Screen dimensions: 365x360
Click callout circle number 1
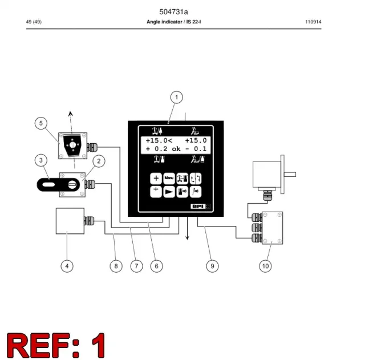176,97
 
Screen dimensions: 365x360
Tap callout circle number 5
41,123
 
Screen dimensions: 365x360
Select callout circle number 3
41,160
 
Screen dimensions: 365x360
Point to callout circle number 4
67,266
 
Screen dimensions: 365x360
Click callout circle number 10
265,266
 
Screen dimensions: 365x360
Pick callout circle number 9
212,266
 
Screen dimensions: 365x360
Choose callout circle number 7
136,266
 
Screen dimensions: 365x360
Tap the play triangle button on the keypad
169,192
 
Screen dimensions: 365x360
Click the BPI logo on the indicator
200,207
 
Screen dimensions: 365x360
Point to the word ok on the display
176,149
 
